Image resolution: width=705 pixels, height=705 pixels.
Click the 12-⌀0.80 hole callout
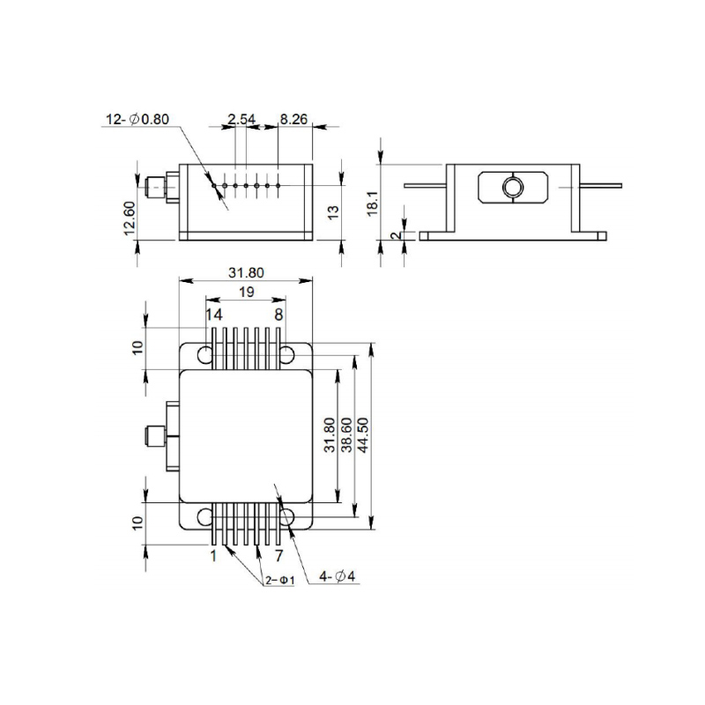(137, 119)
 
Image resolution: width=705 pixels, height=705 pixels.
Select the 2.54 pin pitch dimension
(241, 119)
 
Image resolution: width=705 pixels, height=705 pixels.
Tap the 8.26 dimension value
(293, 119)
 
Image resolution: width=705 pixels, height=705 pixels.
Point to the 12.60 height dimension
(129, 218)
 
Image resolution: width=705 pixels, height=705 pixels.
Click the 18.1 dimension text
(373, 203)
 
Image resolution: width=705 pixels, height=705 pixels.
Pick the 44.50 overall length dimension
(362, 434)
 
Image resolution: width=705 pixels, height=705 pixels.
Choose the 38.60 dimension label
(345, 434)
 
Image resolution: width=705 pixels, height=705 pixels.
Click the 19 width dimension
(247, 293)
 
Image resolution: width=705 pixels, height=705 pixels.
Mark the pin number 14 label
(214, 315)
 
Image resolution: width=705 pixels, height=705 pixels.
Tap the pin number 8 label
(278, 315)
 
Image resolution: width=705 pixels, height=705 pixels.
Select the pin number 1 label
(213, 556)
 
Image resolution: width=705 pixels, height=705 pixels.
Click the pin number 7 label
(278, 556)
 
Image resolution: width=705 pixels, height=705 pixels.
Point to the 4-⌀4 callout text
(338, 576)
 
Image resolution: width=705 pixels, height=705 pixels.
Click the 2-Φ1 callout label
(279, 581)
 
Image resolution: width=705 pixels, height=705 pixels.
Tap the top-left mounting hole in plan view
(205, 355)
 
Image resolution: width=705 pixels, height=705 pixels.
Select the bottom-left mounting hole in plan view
(205, 516)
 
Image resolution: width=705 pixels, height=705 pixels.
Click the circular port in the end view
(512, 187)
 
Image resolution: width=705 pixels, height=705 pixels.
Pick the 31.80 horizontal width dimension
(246, 273)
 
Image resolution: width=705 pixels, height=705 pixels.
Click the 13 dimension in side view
(333, 211)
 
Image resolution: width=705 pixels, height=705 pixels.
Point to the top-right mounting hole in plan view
(287, 355)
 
